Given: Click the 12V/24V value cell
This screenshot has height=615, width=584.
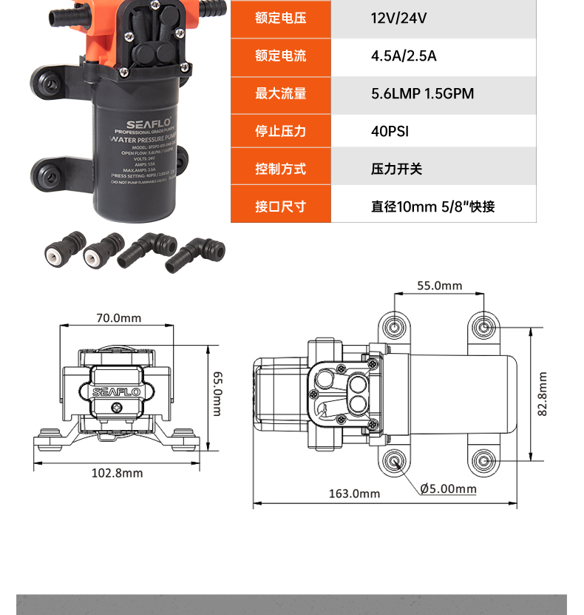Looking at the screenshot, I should (399, 18).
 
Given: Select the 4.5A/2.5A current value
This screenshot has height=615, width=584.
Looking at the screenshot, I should (404, 56).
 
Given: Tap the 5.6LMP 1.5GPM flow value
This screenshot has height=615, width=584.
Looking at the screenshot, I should (422, 94).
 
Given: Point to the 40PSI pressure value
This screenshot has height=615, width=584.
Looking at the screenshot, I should (390, 132).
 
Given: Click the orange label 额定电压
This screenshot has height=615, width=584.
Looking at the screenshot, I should (280, 18).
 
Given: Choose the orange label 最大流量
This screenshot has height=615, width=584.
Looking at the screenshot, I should (280, 94).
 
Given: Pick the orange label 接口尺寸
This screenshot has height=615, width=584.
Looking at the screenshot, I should (280, 206).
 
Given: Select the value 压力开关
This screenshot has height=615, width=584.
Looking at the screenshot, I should (396, 169).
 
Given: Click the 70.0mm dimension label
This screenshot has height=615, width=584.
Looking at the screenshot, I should (118, 317).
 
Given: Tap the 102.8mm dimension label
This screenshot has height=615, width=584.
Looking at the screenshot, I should (117, 473).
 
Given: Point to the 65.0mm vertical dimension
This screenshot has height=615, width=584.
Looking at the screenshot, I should (217, 393).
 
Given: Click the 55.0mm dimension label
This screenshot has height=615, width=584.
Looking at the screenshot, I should (439, 286).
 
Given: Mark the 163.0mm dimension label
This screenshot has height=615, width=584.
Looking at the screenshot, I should (354, 494).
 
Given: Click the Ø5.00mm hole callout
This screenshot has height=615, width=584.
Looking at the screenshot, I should (448, 488).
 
